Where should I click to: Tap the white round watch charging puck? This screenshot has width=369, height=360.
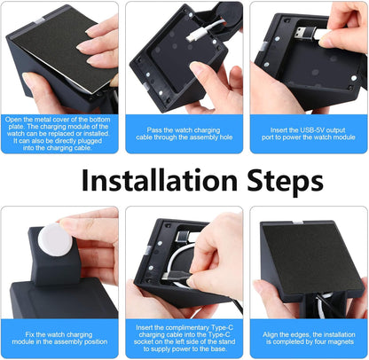[59, 240]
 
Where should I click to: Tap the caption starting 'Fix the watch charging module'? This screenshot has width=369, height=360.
[60, 337]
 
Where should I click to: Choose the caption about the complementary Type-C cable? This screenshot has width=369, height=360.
[184, 337]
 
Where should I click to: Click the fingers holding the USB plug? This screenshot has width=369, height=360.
[342, 27]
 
